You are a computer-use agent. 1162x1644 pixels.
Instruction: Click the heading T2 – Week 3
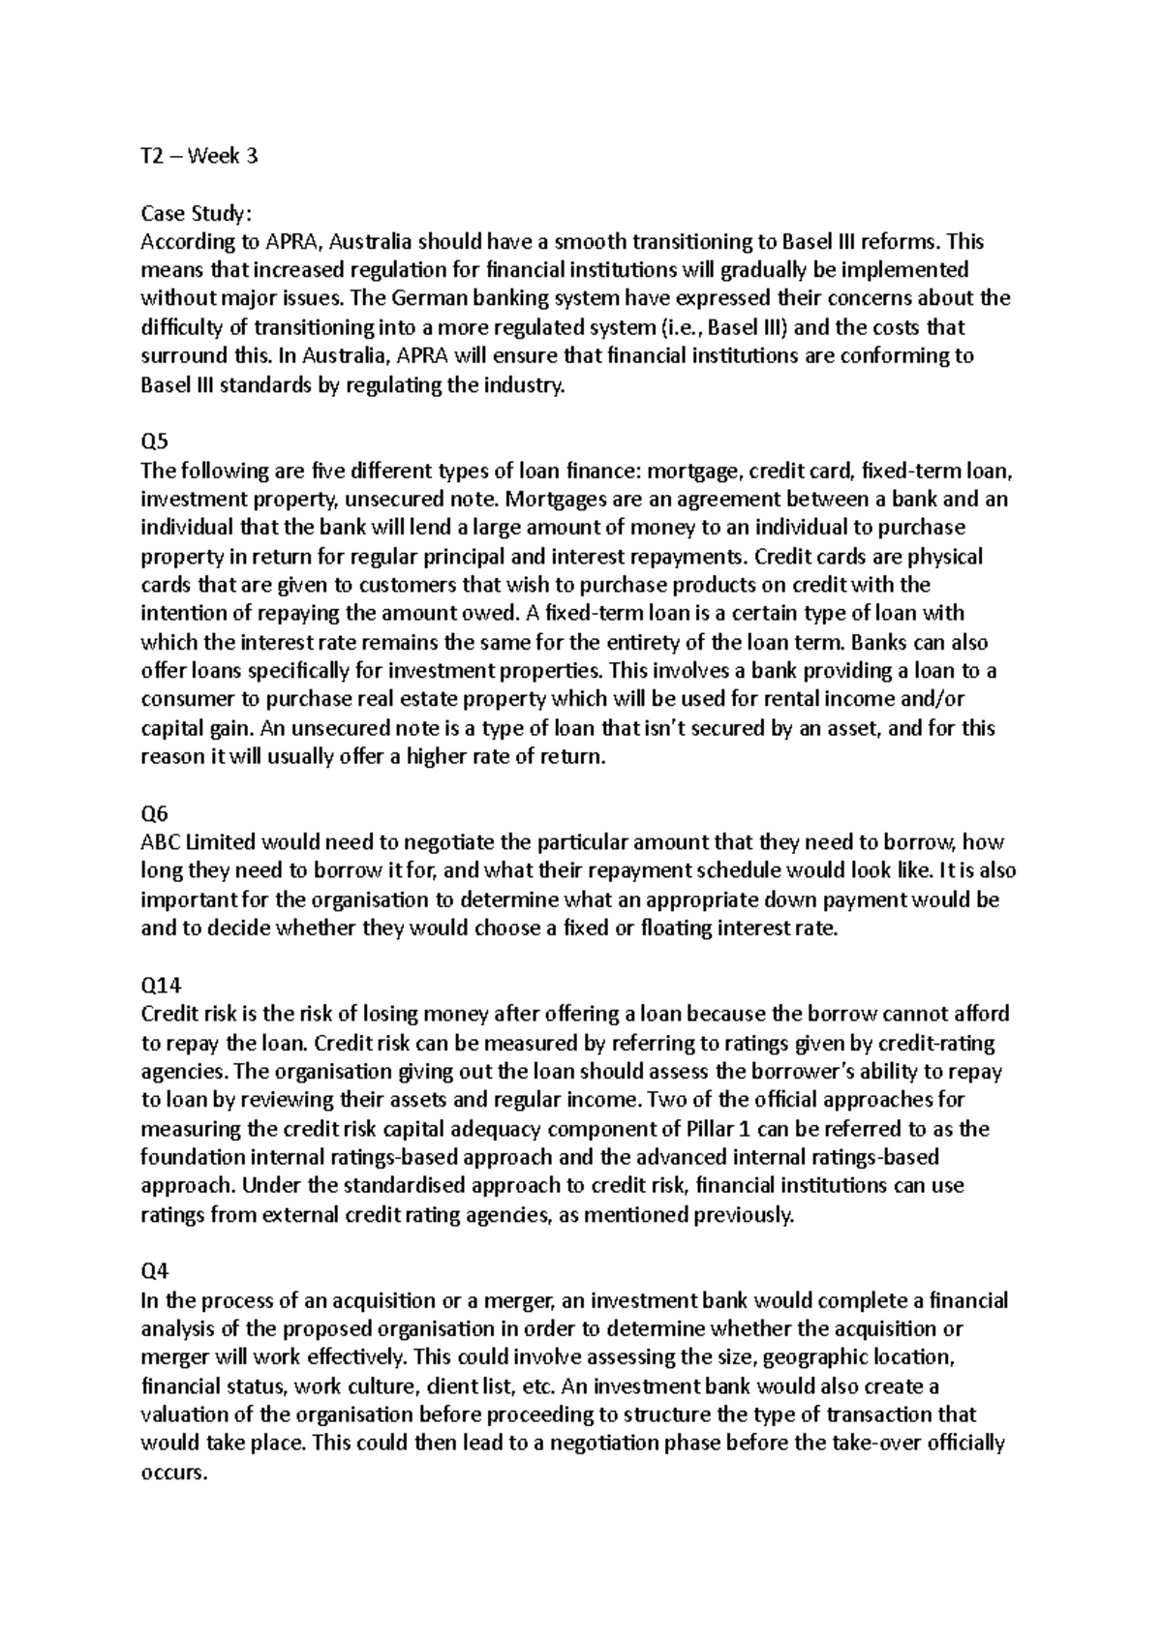(199, 156)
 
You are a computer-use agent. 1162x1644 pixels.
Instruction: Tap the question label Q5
(154, 442)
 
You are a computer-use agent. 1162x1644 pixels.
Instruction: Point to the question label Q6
(154, 814)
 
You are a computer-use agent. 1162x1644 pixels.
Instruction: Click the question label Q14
(160, 986)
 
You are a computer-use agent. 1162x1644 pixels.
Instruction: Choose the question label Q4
(154, 1272)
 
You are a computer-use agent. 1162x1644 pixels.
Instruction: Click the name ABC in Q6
(160, 842)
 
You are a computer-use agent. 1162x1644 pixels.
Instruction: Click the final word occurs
(173, 1473)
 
